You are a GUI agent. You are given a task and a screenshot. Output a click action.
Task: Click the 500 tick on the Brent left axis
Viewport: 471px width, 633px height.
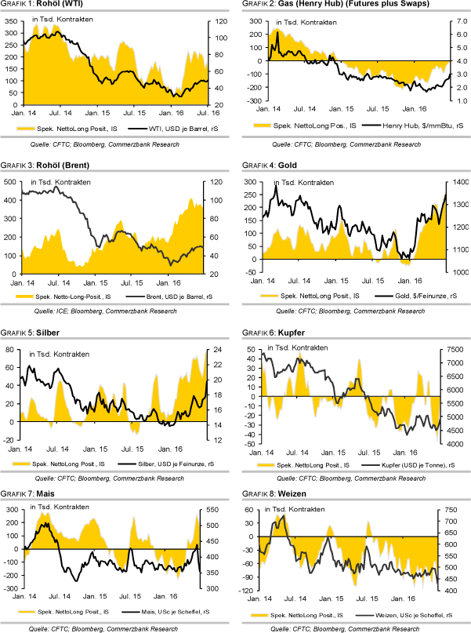(12, 182)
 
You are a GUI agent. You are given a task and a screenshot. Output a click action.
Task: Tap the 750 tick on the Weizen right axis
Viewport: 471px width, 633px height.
(455, 510)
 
